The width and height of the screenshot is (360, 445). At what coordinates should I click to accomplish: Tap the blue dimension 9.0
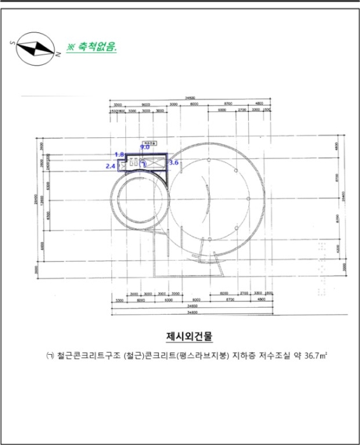point(144,147)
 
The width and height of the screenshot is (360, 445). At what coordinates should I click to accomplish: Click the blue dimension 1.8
point(119,154)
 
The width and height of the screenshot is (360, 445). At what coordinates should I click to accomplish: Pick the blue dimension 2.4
point(110,166)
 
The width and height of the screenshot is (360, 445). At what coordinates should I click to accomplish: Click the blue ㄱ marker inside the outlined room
point(144,163)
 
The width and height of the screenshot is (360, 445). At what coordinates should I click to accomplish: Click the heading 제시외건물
point(186,335)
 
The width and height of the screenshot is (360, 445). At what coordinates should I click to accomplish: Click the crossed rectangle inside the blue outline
point(155,163)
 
